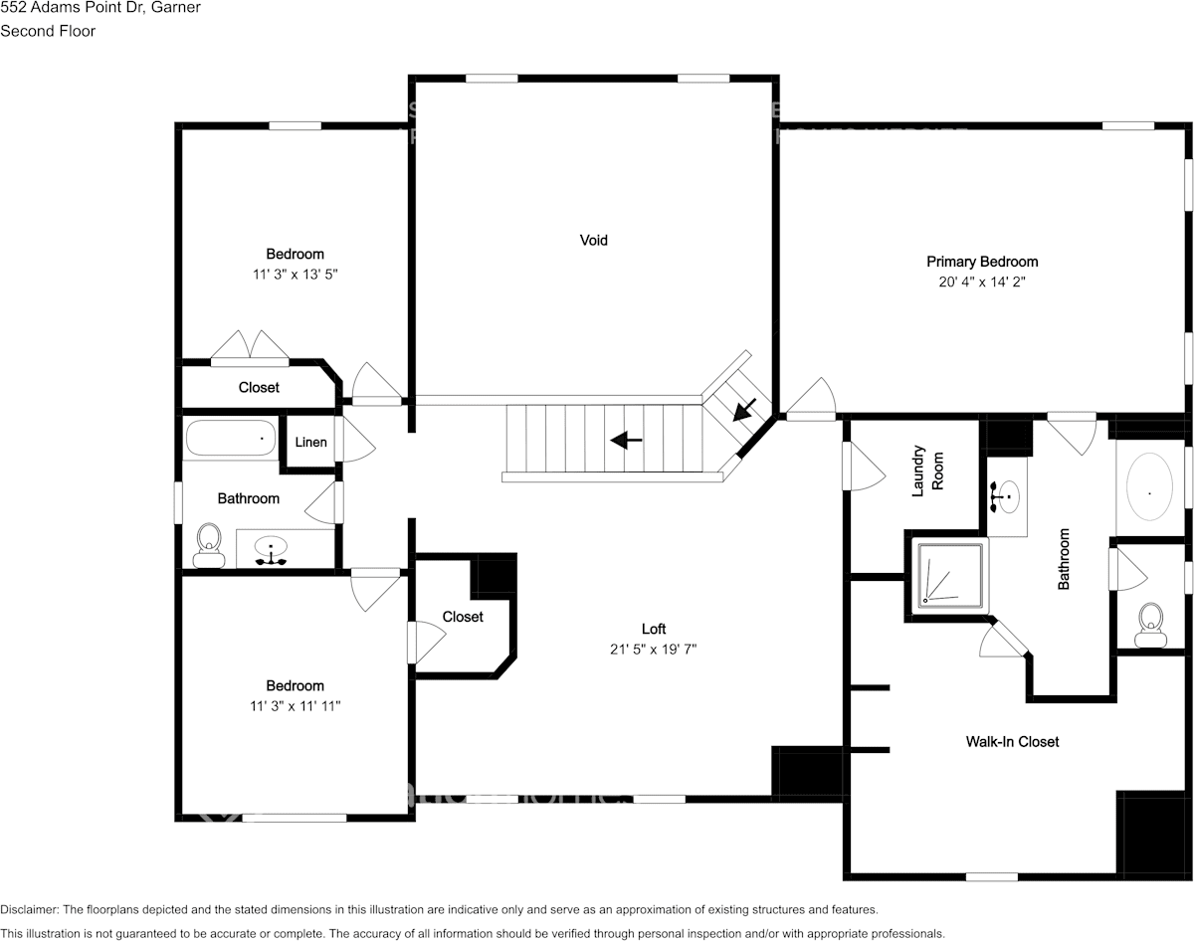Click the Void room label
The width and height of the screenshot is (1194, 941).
[593, 240]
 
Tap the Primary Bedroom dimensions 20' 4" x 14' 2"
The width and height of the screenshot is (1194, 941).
[982, 282]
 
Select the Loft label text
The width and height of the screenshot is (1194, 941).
[653, 629]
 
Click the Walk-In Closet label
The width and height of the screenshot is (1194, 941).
[1012, 741]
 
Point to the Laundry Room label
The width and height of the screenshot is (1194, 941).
[925, 470]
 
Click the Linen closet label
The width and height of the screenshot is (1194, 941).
[310, 442]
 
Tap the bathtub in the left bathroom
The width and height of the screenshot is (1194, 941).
[230, 438]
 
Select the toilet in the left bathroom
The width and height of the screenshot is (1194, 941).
[209, 544]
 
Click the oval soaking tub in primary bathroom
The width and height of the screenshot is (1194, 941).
[1150, 488]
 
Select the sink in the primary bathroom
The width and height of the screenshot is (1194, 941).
[1006, 495]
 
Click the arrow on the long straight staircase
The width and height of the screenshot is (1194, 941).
[625, 440]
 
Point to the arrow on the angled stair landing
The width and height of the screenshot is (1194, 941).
[743, 409]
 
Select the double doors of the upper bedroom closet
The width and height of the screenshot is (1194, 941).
[249, 346]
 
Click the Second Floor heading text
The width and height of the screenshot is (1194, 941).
[48, 31]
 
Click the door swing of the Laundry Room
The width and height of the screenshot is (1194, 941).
[862, 466]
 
